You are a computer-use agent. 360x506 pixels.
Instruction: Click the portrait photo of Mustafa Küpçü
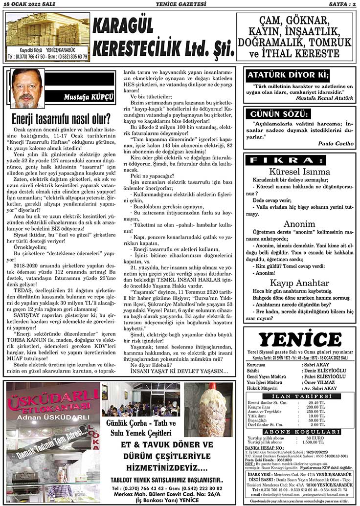(27, 88)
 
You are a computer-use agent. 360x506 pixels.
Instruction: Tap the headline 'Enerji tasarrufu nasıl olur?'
(61, 119)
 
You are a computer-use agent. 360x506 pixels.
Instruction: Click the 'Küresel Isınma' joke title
(299, 172)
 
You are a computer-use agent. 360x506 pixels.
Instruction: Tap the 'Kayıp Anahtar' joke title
(299, 283)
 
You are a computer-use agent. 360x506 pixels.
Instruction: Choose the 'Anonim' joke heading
(299, 224)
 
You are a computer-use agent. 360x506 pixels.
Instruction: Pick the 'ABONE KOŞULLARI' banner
(299, 432)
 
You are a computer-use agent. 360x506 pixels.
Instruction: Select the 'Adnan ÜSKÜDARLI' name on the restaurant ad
(51, 418)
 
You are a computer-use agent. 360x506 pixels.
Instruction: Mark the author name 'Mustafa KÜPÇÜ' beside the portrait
(89, 97)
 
